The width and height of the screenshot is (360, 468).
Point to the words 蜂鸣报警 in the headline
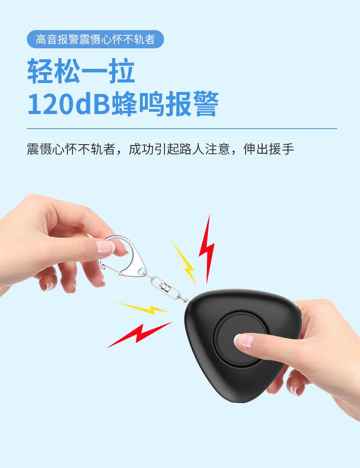165,105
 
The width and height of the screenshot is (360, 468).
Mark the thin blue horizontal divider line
182,129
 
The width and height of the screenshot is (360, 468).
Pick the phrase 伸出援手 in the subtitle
269,150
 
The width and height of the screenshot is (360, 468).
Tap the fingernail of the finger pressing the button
243,338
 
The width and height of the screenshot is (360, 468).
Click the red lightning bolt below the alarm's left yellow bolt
137,333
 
